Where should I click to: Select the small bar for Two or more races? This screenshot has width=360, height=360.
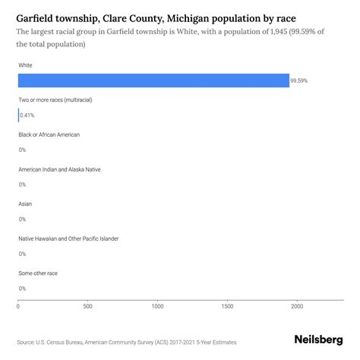(19, 115)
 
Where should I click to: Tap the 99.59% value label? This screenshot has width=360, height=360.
(300, 81)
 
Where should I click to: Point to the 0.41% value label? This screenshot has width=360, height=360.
(27, 115)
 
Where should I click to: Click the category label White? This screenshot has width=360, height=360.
(26, 65)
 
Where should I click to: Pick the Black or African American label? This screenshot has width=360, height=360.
(49, 134)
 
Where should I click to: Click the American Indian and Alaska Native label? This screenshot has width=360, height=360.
(58, 169)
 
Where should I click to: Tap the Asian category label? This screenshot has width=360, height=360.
(25, 204)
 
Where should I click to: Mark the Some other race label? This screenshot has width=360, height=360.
(38, 273)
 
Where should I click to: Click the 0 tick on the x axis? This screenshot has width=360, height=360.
(18, 306)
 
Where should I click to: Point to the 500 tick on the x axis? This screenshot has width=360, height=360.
(88, 306)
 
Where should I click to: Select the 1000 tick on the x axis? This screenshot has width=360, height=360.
(158, 306)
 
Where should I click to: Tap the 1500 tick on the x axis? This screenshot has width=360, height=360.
(227, 306)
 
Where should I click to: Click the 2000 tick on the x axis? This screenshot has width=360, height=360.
(297, 306)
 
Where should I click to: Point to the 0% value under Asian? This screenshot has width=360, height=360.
(22, 219)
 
